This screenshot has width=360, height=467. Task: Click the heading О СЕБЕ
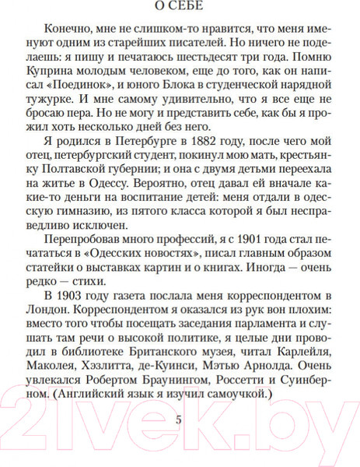180,10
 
